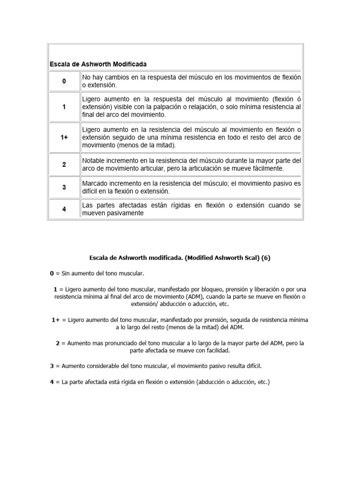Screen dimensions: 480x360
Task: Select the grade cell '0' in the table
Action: point(64,81)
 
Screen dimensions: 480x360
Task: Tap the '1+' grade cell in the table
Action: point(64,137)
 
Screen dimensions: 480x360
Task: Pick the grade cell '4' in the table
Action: point(64,209)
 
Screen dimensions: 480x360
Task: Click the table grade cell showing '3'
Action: point(64,187)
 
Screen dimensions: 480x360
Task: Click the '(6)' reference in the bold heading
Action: point(266,257)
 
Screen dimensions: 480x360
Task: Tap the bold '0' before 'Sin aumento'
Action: point(52,273)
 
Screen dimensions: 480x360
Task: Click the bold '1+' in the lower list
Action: point(56,320)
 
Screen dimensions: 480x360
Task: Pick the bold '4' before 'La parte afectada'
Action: point(52,382)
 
